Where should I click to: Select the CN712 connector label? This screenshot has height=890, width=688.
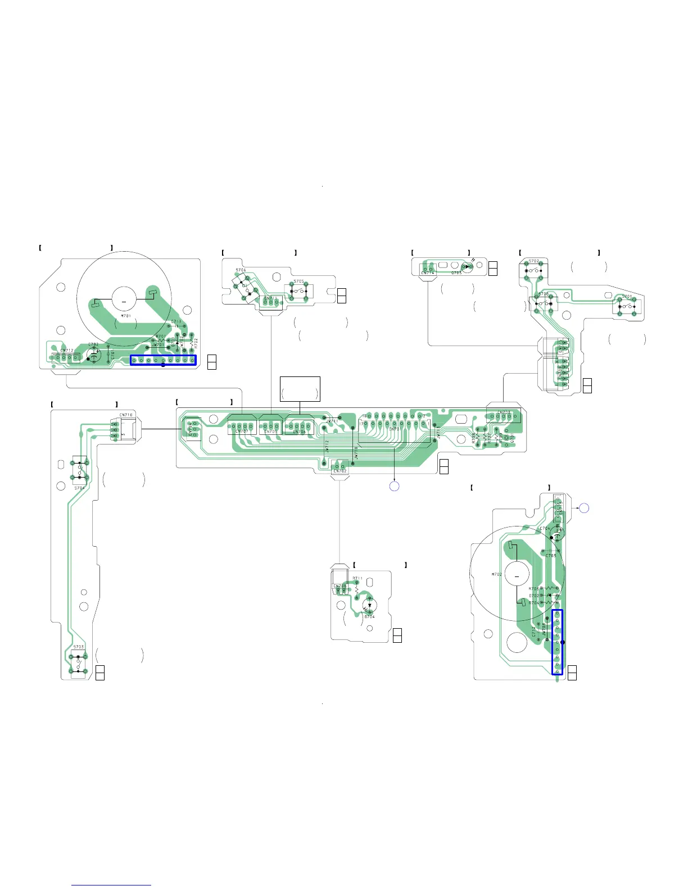click(x=66, y=351)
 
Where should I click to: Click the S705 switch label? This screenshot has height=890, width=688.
click(x=298, y=281)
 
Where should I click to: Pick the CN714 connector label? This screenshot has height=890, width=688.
click(x=428, y=273)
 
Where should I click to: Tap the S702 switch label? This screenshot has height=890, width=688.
click(x=534, y=261)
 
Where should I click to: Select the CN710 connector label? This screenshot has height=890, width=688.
click(x=126, y=415)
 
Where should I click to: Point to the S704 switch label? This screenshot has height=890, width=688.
click(x=79, y=488)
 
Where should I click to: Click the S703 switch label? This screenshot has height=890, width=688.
click(x=79, y=647)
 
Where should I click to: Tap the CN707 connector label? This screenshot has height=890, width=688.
click(x=242, y=432)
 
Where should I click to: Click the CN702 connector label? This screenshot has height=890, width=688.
click(x=340, y=471)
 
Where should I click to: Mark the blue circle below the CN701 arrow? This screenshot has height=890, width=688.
click(x=395, y=486)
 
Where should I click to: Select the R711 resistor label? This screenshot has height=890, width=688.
click(x=357, y=578)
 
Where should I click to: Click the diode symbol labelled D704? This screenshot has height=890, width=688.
click(x=369, y=606)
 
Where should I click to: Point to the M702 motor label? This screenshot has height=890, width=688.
click(x=497, y=574)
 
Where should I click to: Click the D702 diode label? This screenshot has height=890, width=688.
click(x=534, y=596)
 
